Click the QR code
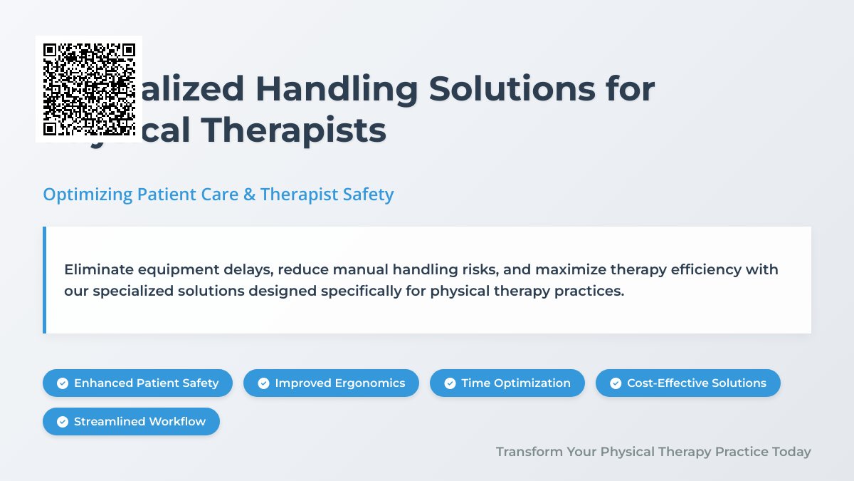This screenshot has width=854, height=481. pos(89,89)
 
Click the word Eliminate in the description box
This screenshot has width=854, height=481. pos(95,269)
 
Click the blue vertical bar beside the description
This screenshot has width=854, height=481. pos(44,280)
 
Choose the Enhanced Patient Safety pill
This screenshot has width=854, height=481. pos(137,383)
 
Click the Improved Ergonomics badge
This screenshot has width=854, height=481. pos(331,383)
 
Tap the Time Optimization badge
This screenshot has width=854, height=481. pos(507,383)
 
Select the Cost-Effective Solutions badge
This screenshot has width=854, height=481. pos(687,383)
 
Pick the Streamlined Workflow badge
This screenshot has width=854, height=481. pos(131,421)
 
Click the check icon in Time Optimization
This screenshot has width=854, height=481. pos(450,383)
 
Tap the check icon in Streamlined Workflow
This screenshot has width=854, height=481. pos(63,422)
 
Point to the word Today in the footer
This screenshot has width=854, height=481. pos(791,452)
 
